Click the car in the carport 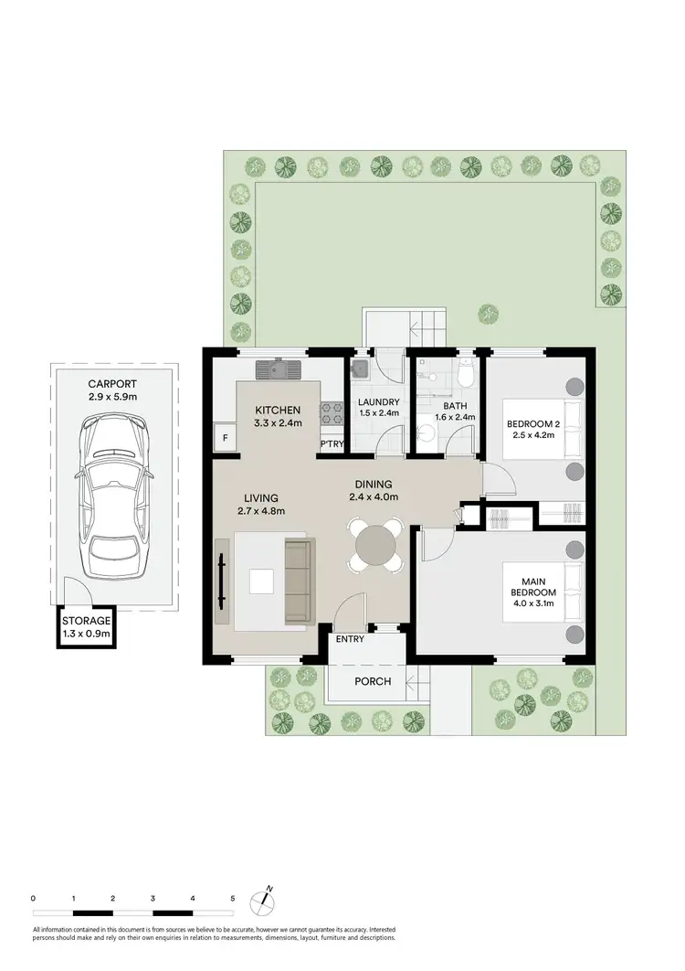113,498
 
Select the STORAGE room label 87,620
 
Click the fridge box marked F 225,438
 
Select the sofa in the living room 298,582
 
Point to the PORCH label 373,681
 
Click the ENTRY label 350,639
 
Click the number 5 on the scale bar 233,899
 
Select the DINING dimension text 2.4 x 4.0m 374,497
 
